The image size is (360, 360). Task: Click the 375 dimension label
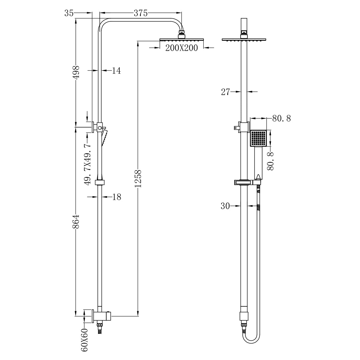coord(140,13)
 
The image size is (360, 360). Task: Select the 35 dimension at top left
coord(69,13)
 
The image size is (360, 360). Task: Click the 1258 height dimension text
coord(138,179)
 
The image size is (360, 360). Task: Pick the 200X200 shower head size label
coord(182,48)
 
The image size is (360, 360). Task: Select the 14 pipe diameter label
coord(116,70)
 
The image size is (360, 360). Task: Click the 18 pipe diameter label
coord(116,197)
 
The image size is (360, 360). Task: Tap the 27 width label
coord(226,92)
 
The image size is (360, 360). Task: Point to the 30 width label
coord(225,206)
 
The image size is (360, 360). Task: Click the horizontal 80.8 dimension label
coord(281,118)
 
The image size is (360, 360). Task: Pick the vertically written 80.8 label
coord(271,161)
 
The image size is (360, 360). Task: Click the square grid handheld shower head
coord(258,138)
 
